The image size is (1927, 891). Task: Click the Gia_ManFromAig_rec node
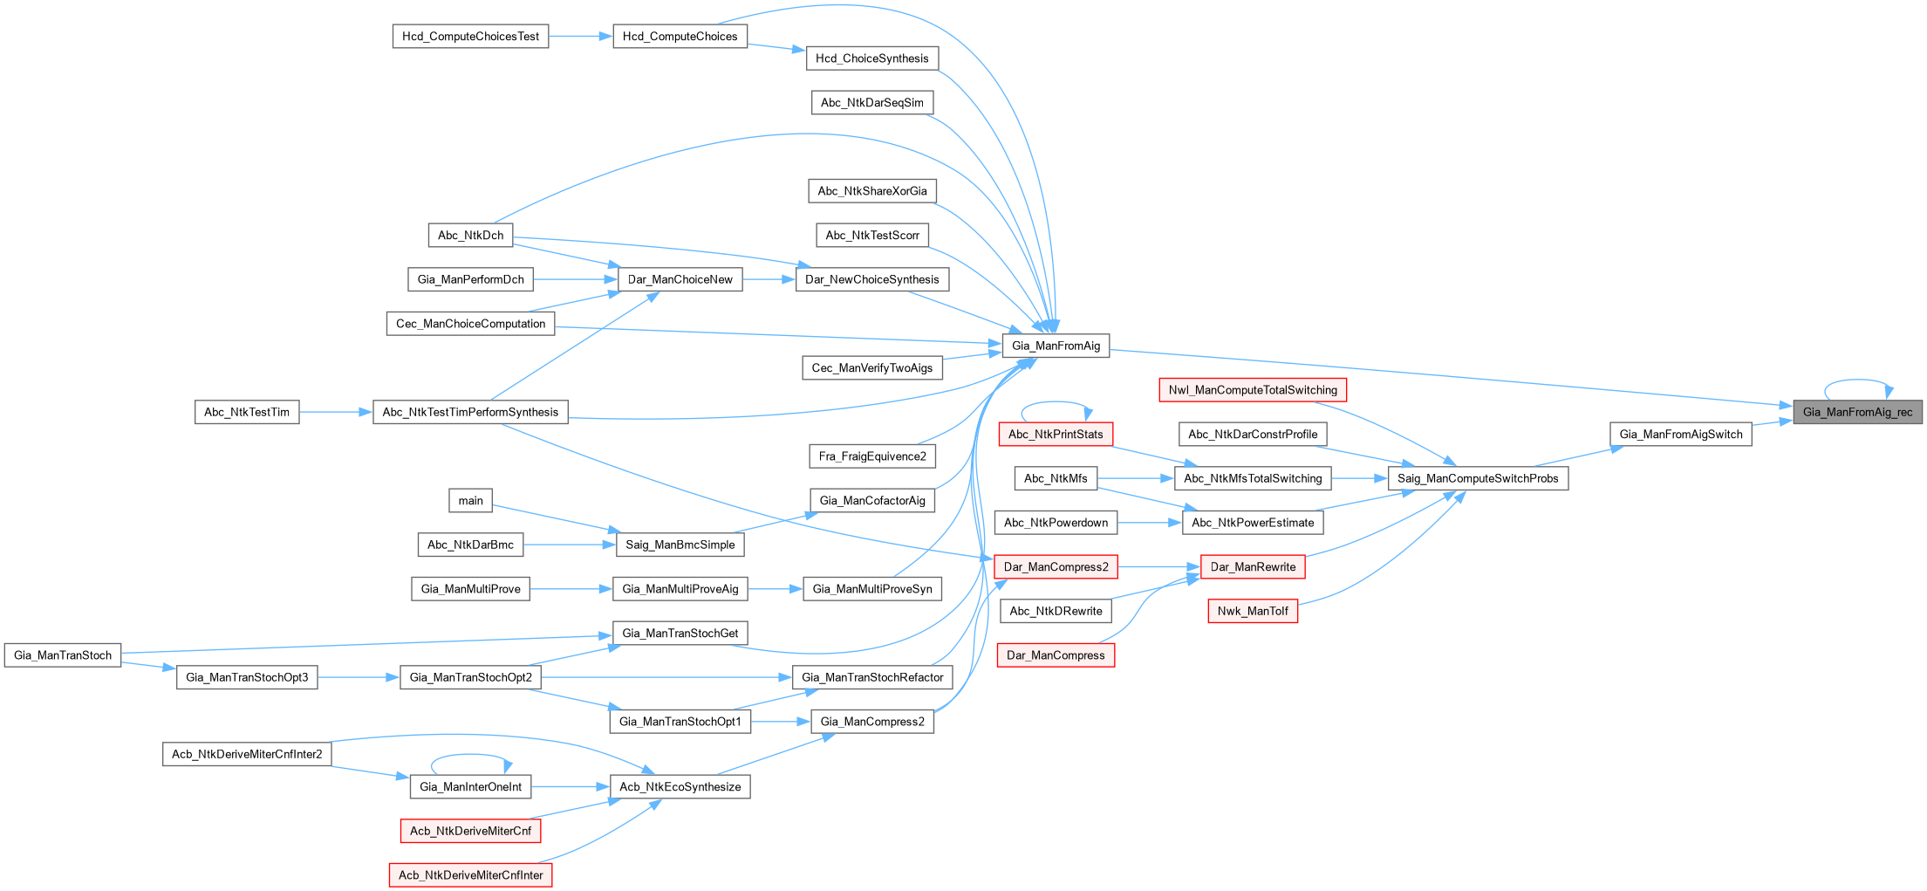click(1857, 412)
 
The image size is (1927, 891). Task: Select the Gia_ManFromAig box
click(1056, 346)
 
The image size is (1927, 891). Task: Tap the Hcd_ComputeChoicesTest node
click(470, 37)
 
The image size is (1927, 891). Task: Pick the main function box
click(470, 501)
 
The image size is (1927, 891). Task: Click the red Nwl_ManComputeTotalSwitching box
click(1253, 390)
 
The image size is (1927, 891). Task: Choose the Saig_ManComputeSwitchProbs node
click(1478, 478)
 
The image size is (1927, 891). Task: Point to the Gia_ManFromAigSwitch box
click(1680, 435)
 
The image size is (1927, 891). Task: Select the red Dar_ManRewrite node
click(1253, 567)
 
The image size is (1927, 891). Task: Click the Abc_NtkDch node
click(470, 236)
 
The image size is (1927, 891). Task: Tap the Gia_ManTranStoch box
click(63, 655)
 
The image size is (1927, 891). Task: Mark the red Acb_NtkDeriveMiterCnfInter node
click(470, 875)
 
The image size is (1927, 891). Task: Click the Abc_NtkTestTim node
click(247, 412)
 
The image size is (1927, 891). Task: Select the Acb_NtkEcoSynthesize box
click(680, 787)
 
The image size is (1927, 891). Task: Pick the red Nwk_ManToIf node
click(1253, 611)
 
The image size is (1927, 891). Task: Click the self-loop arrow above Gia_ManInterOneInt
click(471, 756)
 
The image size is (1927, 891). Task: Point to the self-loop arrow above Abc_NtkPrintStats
click(1056, 403)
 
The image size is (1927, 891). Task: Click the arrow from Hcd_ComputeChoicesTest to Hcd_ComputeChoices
click(580, 37)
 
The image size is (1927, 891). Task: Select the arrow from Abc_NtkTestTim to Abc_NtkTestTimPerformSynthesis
click(336, 412)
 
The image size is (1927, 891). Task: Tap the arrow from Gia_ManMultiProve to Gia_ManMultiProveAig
click(571, 589)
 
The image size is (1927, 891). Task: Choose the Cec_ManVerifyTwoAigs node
click(871, 368)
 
